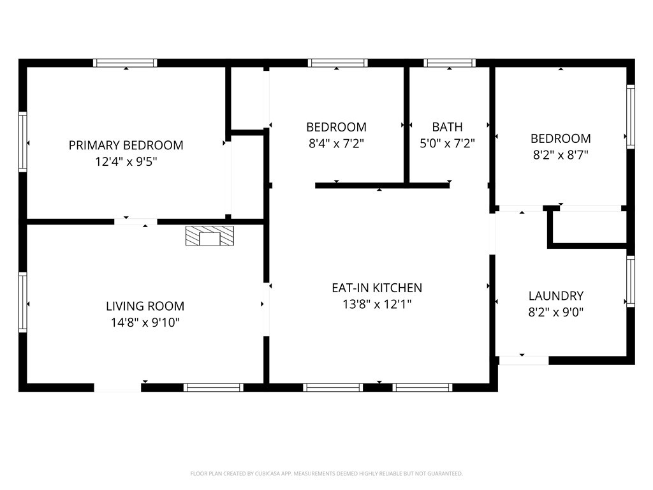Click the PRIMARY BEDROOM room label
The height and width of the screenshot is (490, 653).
tap(126, 145)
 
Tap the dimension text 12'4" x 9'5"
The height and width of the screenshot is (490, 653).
tap(126, 162)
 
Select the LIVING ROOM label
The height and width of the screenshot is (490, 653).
tap(145, 306)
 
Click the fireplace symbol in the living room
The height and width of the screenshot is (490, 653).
tap(210, 236)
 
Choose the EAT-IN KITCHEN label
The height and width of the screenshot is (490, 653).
tap(376, 288)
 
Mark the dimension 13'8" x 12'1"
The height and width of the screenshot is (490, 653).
tap(376, 304)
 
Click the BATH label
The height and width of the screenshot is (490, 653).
tap(447, 127)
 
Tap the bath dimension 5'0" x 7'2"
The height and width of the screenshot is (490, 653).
tap(447, 144)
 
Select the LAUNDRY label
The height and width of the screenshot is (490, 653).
tap(555, 296)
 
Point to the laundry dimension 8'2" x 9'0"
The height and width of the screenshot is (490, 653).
tap(555, 313)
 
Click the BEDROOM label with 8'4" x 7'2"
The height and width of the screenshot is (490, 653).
tap(336, 127)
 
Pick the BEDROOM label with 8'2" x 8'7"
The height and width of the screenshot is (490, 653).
tap(561, 138)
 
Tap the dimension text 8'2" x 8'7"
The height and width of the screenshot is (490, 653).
tap(561, 155)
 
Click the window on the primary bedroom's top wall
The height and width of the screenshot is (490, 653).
tap(125, 63)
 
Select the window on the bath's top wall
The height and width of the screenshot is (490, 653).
tap(450, 63)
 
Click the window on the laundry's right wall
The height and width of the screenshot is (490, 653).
tap(630, 281)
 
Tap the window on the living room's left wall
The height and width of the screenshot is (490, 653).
tap(23, 302)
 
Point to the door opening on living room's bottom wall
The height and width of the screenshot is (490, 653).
tap(117, 387)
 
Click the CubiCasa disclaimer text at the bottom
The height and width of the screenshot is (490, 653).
tap(326, 473)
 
